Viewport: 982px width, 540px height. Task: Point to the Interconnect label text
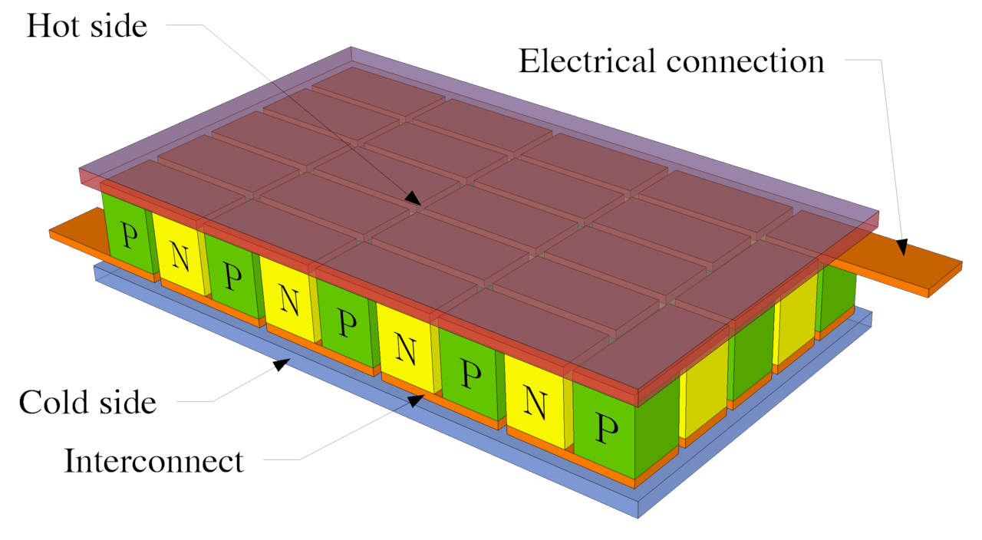pyautogui.click(x=153, y=462)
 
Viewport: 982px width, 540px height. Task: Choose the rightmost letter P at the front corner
pyautogui.click(x=606, y=430)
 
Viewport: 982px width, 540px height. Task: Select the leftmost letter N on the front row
pyautogui.click(x=181, y=257)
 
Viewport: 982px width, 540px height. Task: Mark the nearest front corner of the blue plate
pyautogui.click(x=638, y=510)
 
